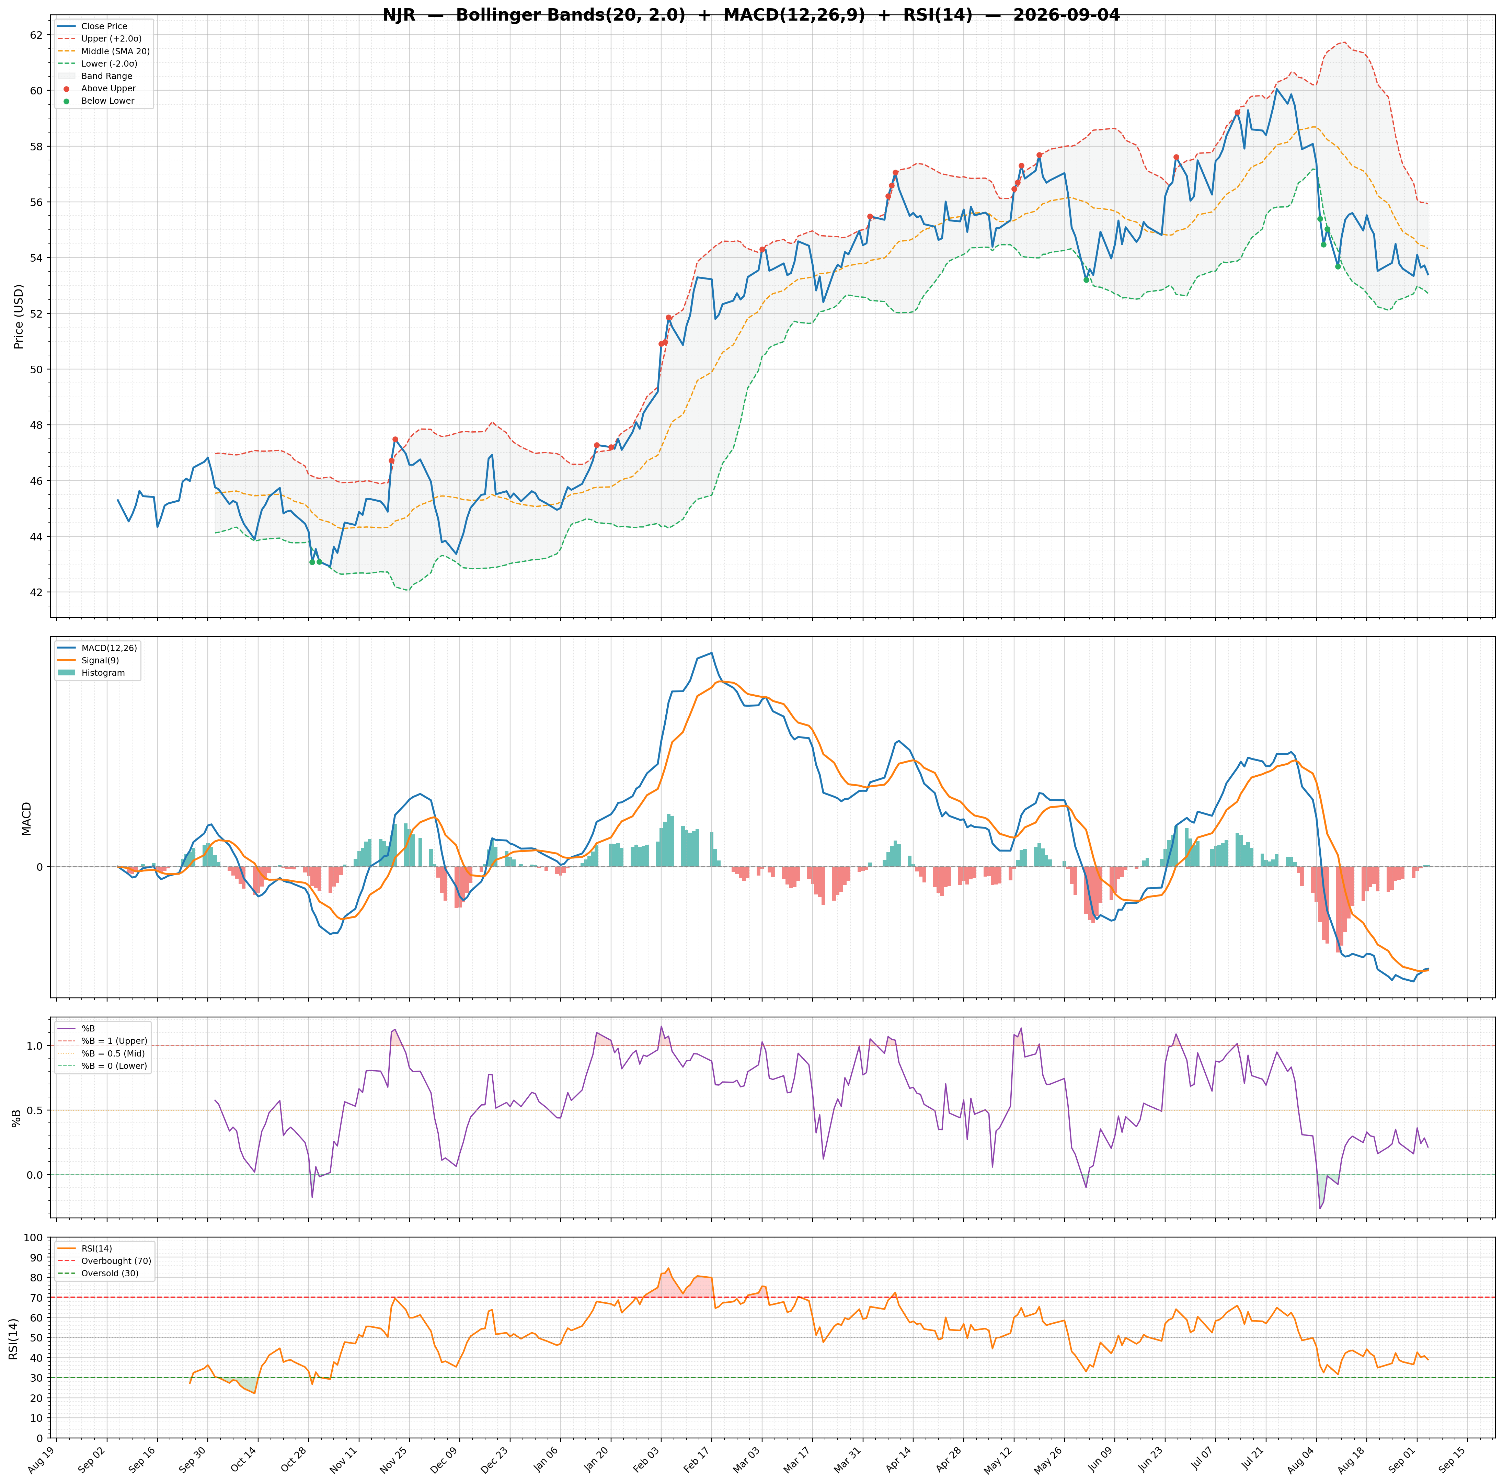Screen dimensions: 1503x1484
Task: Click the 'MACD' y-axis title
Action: tap(26, 819)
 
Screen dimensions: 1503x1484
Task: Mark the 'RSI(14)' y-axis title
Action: tap(13, 1338)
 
